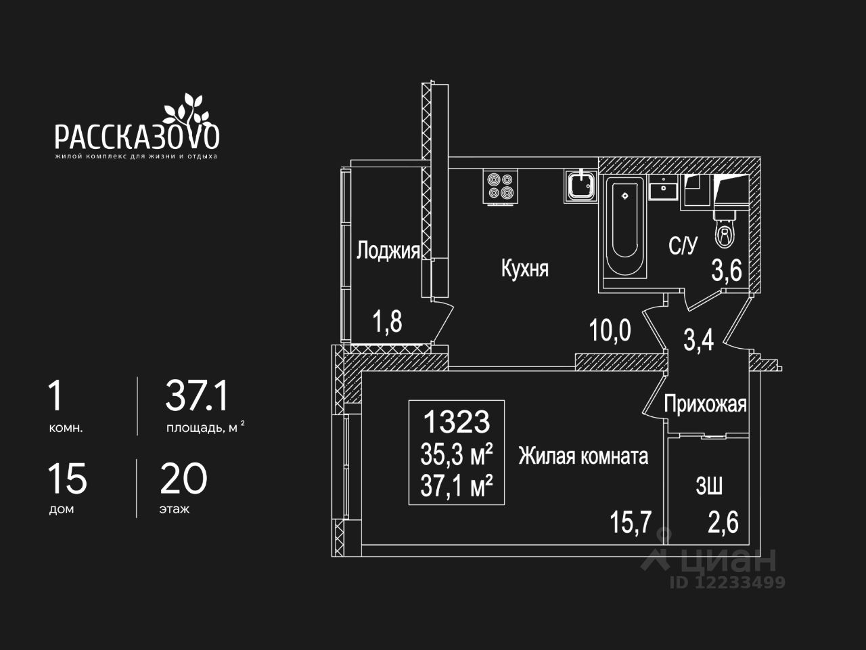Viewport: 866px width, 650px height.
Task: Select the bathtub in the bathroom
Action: pos(624,227)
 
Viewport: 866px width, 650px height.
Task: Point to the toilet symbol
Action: pos(725,230)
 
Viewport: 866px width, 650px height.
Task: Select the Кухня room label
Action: pos(524,268)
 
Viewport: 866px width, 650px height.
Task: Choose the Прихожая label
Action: pos(705,404)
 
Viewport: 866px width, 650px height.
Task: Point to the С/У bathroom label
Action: pos(682,246)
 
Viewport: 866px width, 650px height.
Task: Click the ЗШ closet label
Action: pos(709,485)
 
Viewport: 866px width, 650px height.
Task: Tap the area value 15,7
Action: pos(631,523)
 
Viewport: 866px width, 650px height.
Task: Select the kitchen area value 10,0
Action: pos(610,331)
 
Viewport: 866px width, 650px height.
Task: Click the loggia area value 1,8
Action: pos(387,322)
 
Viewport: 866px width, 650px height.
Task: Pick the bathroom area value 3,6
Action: pos(727,272)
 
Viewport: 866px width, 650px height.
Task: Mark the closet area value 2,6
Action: pos(723,523)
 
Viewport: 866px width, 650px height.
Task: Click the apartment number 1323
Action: pos(456,422)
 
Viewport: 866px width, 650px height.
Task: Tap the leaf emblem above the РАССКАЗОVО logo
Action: pos(184,108)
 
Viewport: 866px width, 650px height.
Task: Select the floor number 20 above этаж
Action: pos(184,479)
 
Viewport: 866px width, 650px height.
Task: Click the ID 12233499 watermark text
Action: pos(727,582)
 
